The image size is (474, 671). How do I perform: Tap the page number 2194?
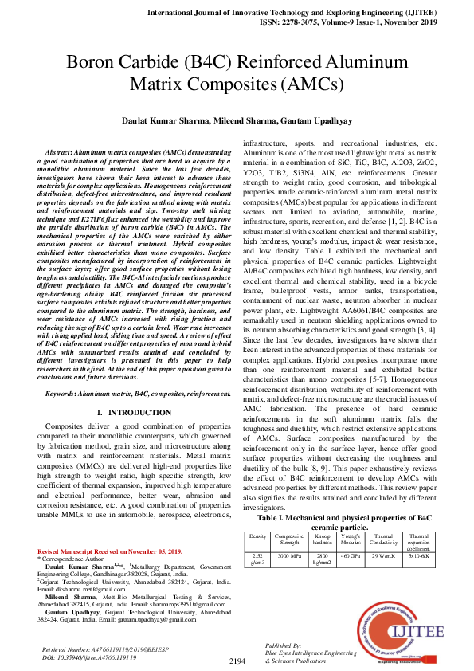[x=237, y=661]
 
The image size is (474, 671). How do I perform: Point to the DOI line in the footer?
[x=90, y=657]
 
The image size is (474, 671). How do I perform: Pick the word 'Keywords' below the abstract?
[x=65, y=394]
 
